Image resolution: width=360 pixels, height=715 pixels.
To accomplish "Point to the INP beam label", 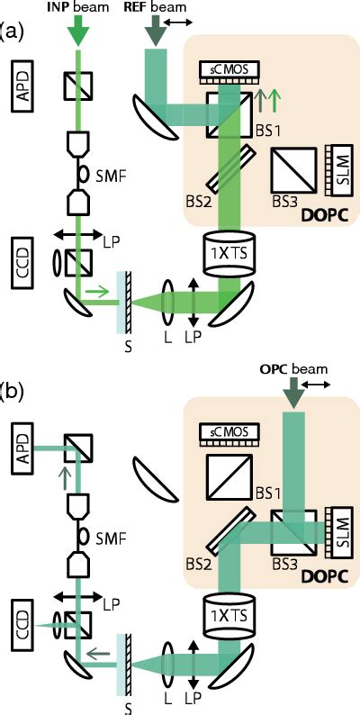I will pyautogui.click(x=82, y=8).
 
